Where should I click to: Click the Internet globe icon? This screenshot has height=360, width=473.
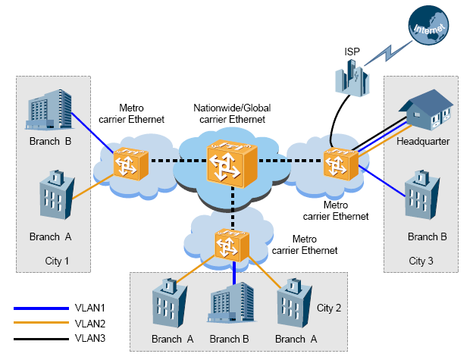tap(426, 25)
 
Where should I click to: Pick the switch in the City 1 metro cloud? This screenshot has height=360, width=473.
tap(124, 162)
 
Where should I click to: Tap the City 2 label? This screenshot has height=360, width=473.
tap(329, 308)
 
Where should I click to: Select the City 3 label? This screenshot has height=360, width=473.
tap(422, 261)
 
